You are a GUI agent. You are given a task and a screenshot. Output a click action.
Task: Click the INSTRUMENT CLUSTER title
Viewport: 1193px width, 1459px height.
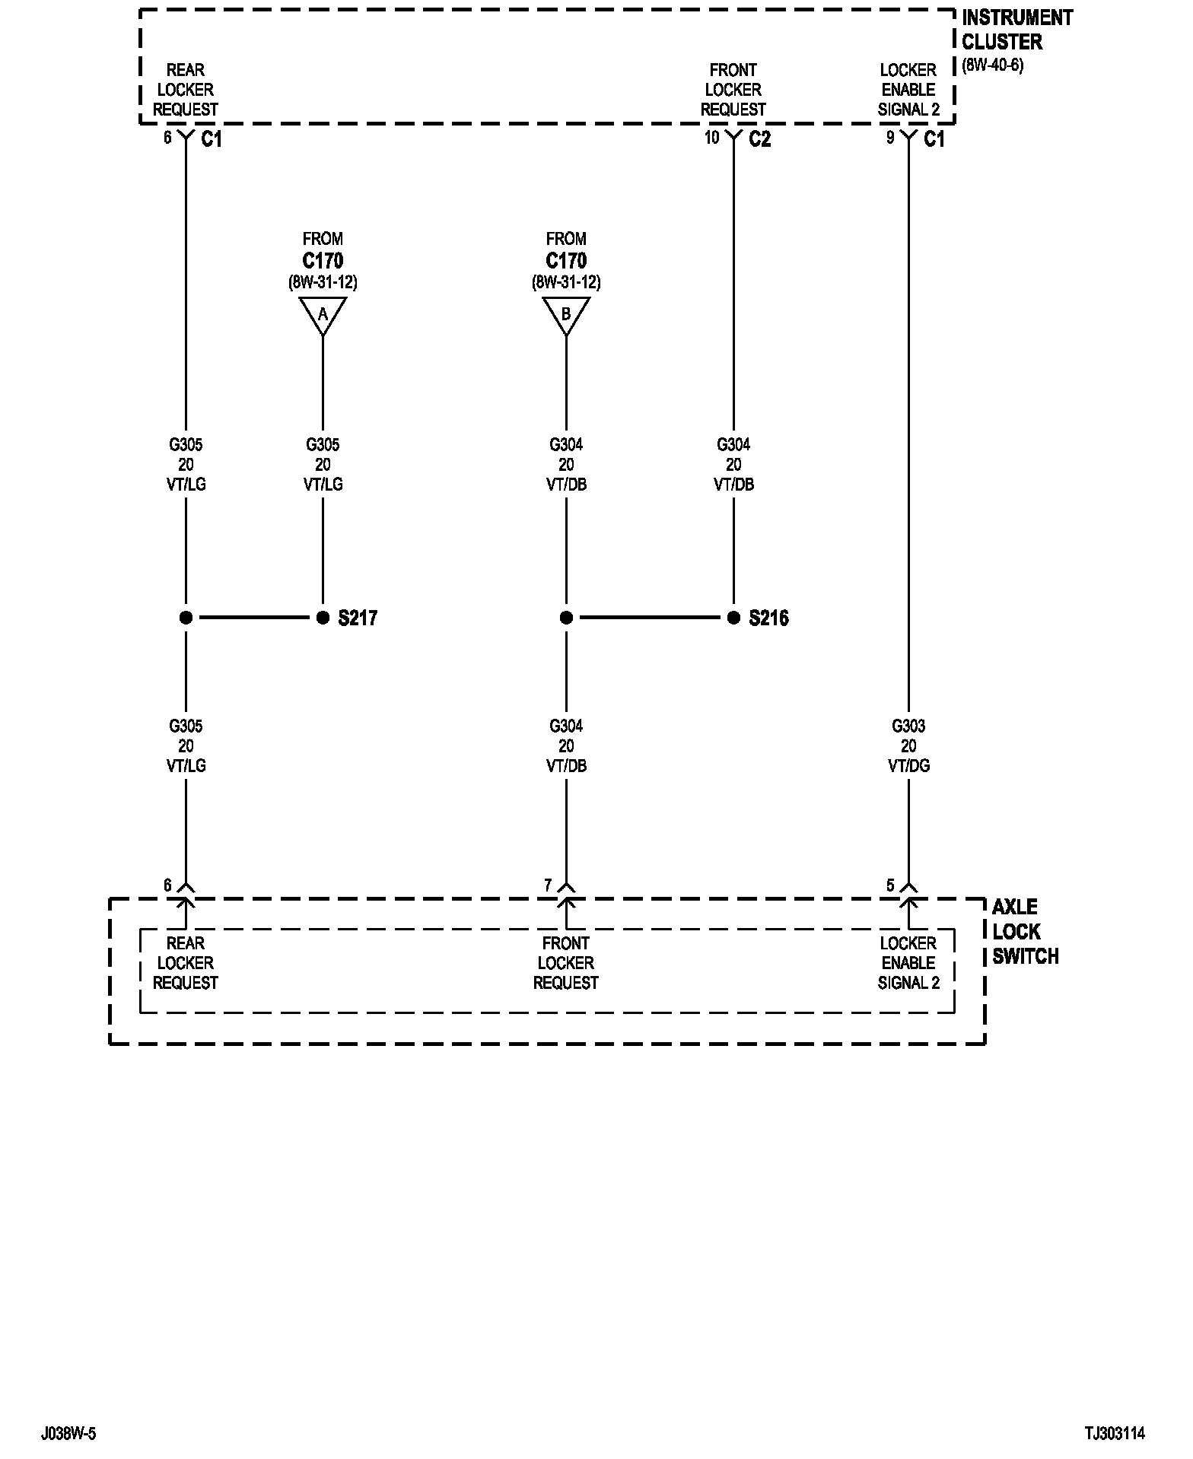[x=1016, y=30]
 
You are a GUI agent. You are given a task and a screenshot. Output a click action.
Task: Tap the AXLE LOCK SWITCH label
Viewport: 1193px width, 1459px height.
[x=1025, y=931]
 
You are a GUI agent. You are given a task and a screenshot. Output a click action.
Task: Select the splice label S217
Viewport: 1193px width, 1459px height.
[x=358, y=618]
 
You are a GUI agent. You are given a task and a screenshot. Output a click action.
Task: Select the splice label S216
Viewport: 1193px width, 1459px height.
[x=768, y=618]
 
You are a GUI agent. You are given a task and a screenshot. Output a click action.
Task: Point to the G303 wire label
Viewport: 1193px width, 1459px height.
[x=908, y=726]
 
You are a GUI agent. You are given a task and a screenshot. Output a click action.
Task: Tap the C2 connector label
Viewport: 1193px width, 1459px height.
[x=759, y=139]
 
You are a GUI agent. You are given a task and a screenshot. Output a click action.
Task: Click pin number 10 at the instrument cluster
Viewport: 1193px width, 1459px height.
[x=711, y=138]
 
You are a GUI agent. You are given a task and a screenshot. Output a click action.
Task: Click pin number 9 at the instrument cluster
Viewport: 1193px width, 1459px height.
[x=890, y=138]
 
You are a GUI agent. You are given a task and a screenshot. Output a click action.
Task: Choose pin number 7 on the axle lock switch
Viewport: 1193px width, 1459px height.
[x=548, y=885]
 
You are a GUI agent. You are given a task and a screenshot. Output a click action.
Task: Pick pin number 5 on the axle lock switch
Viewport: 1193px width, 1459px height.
[x=890, y=885]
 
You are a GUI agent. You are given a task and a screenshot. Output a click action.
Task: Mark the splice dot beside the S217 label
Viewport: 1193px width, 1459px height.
[x=323, y=618]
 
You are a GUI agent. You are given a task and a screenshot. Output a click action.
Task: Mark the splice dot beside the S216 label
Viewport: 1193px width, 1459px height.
[x=733, y=618]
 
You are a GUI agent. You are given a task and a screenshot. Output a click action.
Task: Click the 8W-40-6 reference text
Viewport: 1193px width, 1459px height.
[x=993, y=65]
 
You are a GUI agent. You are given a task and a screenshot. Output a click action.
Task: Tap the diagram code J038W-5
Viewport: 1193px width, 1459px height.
[x=68, y=1434]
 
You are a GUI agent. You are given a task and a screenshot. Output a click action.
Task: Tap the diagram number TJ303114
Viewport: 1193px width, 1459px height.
[x=1115, y=1434]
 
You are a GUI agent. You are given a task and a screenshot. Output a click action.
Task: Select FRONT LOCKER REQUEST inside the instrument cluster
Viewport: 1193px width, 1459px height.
[x=733, y=90]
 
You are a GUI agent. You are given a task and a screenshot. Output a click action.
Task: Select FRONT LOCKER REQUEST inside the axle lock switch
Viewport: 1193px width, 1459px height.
[x=565, y=963]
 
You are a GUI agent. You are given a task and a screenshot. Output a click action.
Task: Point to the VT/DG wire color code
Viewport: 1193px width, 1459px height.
[x=908, y=766]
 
